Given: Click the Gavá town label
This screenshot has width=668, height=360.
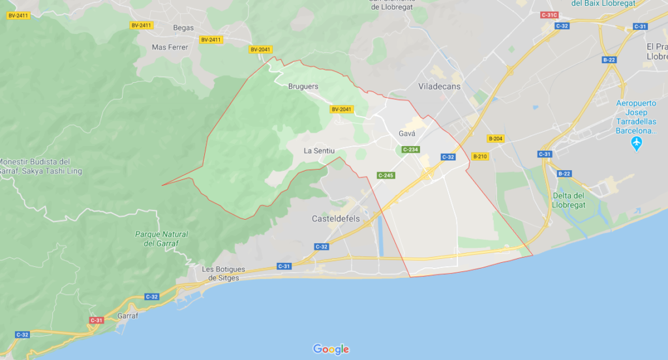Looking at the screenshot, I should coord(406,134).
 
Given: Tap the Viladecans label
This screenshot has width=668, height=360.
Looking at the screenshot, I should coord(439,86).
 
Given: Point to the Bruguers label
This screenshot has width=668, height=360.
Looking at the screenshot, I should coord(303,86).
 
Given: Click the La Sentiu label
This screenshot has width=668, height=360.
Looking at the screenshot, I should coord(319,151).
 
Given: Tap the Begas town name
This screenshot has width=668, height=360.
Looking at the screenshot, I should coord(183,27).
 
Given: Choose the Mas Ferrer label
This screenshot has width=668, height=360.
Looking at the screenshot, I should coord(170,47).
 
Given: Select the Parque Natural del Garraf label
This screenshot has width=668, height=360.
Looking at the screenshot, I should coord(161,239).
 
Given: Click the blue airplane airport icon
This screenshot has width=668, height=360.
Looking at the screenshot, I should coord(637,143).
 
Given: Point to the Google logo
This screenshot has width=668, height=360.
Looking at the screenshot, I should coord(331,350).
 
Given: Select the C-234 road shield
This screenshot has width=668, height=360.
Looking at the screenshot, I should coord(410,150).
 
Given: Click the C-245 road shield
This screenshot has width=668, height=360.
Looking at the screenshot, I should coord(386,175).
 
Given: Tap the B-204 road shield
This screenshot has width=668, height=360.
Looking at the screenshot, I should coord(496,139).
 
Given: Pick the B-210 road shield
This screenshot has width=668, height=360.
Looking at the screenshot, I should coord(479,157).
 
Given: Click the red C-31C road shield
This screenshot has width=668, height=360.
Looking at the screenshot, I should coord(549,14).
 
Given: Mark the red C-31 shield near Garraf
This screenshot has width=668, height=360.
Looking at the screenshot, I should coord(96,320).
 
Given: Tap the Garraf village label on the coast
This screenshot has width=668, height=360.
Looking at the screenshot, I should coord(127,316).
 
